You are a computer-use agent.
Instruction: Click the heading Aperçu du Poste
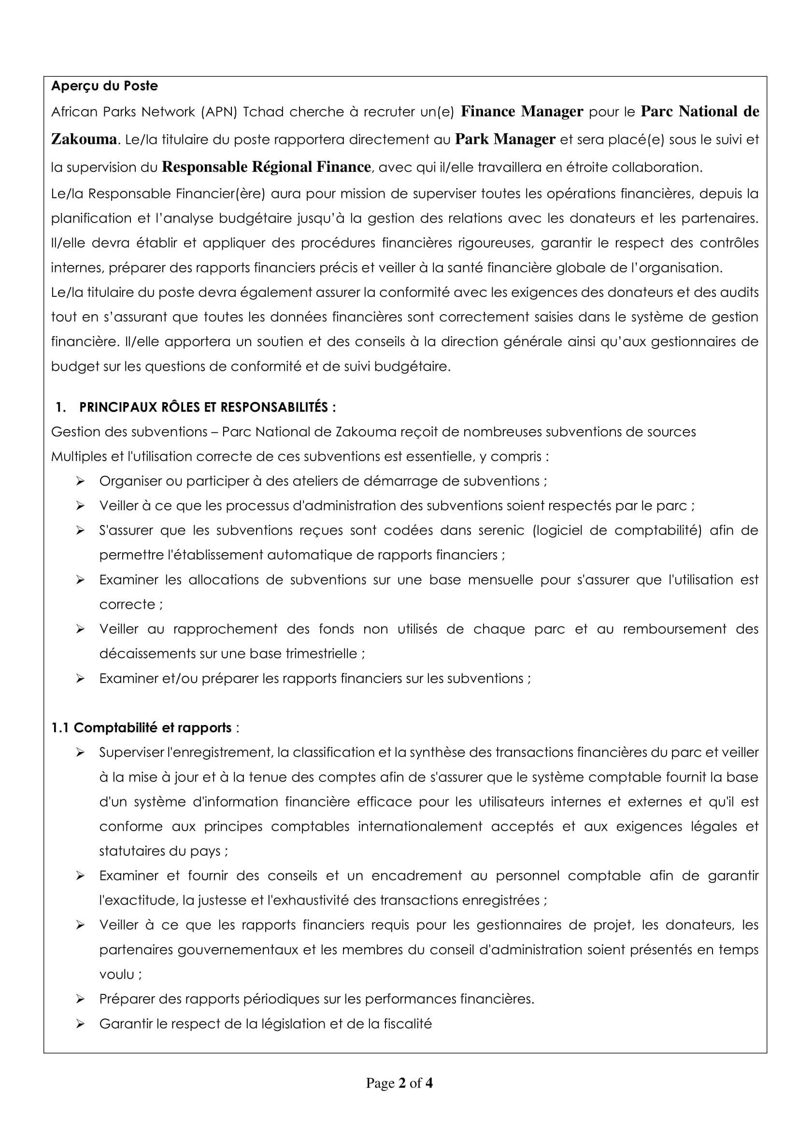click(104, 86)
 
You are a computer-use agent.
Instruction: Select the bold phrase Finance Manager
click(522, 112)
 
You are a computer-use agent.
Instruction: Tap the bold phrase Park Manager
click(505, 139)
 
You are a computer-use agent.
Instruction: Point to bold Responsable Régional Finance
click(266, 167)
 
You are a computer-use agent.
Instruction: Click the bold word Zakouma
click(84, 139)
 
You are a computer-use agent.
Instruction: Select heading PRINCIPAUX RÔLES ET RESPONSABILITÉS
click(207, 407)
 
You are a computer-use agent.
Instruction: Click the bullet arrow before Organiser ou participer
click(80, 481)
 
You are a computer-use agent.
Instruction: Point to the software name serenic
click(498, 530)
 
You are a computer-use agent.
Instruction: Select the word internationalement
click(420, 826)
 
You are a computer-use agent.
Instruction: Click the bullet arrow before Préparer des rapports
click(80, 999)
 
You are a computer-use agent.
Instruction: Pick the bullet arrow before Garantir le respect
click(80, 1024)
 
